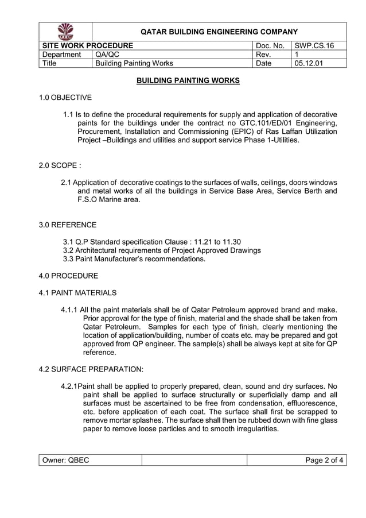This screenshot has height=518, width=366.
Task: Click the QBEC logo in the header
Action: (65, 31)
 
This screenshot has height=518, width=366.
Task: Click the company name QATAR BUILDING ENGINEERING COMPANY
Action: (219, 32)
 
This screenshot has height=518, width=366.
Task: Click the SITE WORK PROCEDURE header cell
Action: (86, 45)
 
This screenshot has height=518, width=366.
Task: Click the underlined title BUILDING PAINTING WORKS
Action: (188, 80)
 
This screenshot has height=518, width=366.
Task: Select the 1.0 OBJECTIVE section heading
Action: (65, 98)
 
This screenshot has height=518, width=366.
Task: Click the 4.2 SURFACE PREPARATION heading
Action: (91, 369)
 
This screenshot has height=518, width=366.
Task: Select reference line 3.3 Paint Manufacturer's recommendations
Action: (134, 259)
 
